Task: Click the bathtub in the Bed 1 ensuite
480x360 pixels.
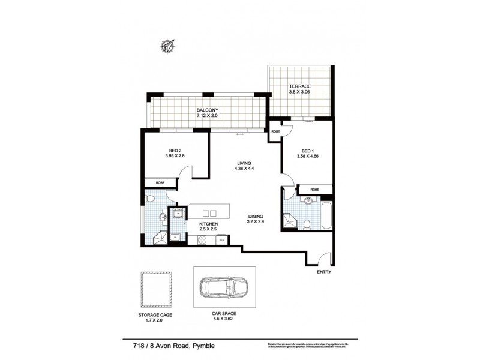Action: point(326,214)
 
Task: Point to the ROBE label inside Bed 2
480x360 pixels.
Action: point(160,182)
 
